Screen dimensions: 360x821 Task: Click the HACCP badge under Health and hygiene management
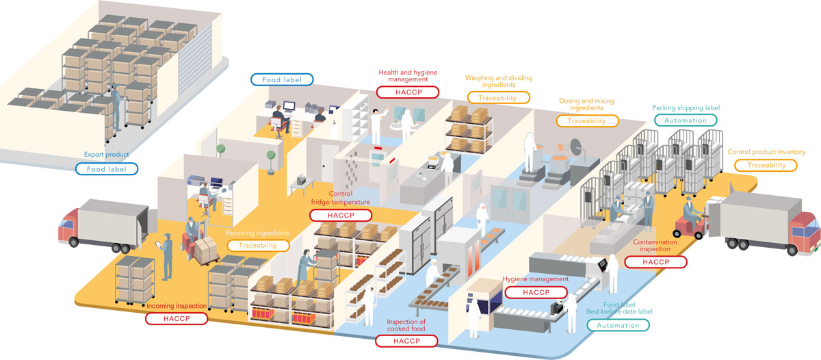pos(408,91)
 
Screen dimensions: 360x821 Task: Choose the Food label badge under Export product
pos(106,168)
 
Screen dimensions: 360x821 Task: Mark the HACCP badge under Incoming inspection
pos(177,318)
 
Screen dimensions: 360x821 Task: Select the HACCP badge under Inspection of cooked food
pos(406,340)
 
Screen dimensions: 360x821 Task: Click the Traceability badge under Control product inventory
pos(766,165)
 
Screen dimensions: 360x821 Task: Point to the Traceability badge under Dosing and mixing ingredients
pos(587,120)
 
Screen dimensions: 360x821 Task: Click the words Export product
pos(106,155)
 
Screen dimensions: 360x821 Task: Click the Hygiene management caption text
pos(535,279)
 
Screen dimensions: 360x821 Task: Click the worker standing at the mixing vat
pos(529,152)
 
